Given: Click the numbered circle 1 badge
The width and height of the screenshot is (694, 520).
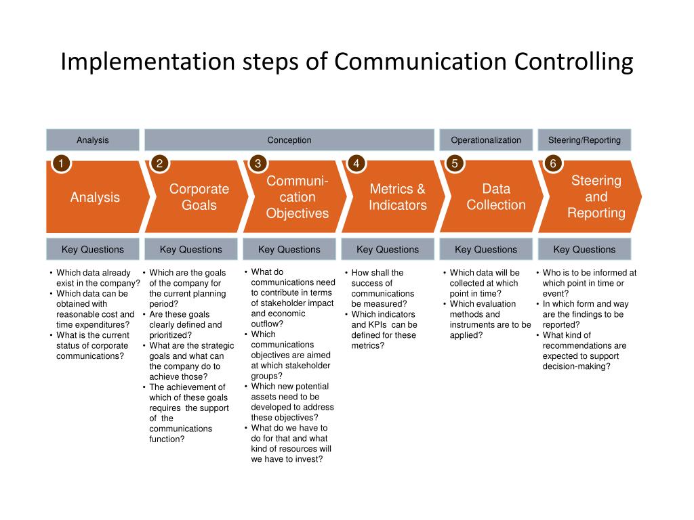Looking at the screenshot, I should [x=61, y=164].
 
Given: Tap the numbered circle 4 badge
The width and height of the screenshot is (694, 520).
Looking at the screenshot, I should [x=356, y=164].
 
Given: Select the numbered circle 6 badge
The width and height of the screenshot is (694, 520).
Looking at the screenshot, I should [x=553, y=164].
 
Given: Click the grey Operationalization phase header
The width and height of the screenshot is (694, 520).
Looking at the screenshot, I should [x=486, y=140].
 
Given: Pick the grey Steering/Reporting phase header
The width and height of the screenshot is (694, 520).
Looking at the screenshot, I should [x=584, y=140].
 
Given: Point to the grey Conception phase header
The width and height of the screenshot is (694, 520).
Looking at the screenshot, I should [x=289, y=140].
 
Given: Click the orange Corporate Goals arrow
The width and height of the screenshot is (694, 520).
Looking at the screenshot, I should [x=197, y=197].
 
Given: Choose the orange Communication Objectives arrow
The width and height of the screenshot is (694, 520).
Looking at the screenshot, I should [x=297, y=197].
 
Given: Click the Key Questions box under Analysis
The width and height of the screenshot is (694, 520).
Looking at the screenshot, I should [x=93, y=249].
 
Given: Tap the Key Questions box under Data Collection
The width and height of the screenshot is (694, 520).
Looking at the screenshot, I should [x=486, y=249].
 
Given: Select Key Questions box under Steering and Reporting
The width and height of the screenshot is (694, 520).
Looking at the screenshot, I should [x=584, y=249].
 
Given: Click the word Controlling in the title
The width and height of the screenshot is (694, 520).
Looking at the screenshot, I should [x=573, y=62].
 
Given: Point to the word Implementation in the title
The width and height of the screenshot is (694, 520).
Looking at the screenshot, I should [x=148, y=62].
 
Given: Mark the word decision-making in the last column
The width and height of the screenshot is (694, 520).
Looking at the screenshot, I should [x=576, y=366].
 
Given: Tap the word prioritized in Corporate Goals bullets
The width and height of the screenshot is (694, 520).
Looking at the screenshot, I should [x=169, y=335].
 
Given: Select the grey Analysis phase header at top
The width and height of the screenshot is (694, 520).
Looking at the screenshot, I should [x=93, y=140].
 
